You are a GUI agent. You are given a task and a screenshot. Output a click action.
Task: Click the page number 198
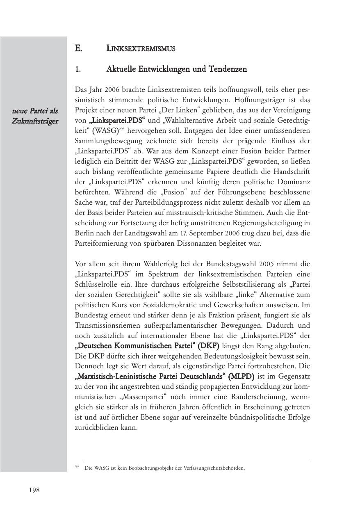pyautogui.click(x=34, y=490)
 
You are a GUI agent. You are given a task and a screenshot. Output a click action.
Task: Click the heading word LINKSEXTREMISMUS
pyautogui.click(x=141, y=49)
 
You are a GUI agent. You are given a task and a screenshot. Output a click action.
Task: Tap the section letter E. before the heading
pyautogui.click(x=78, y=49)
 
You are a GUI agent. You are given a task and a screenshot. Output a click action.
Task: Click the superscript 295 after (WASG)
pyautogui.click(x=121, y=129)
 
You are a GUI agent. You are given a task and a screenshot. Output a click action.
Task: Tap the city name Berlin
pyautogui.click(x=85, y=233)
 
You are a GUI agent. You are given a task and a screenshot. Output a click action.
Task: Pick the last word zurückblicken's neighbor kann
pyautogui.click(x=130, y=428)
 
